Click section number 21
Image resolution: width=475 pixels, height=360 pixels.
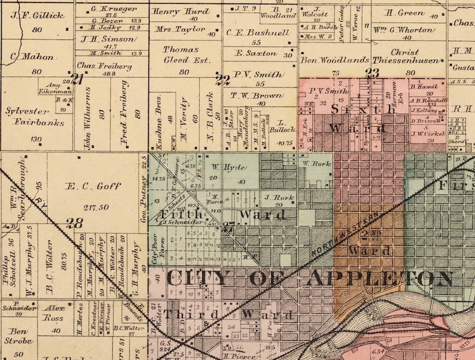[77, 78]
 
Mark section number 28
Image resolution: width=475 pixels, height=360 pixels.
[75, 223]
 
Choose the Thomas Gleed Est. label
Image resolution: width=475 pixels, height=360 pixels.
[182, 54]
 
